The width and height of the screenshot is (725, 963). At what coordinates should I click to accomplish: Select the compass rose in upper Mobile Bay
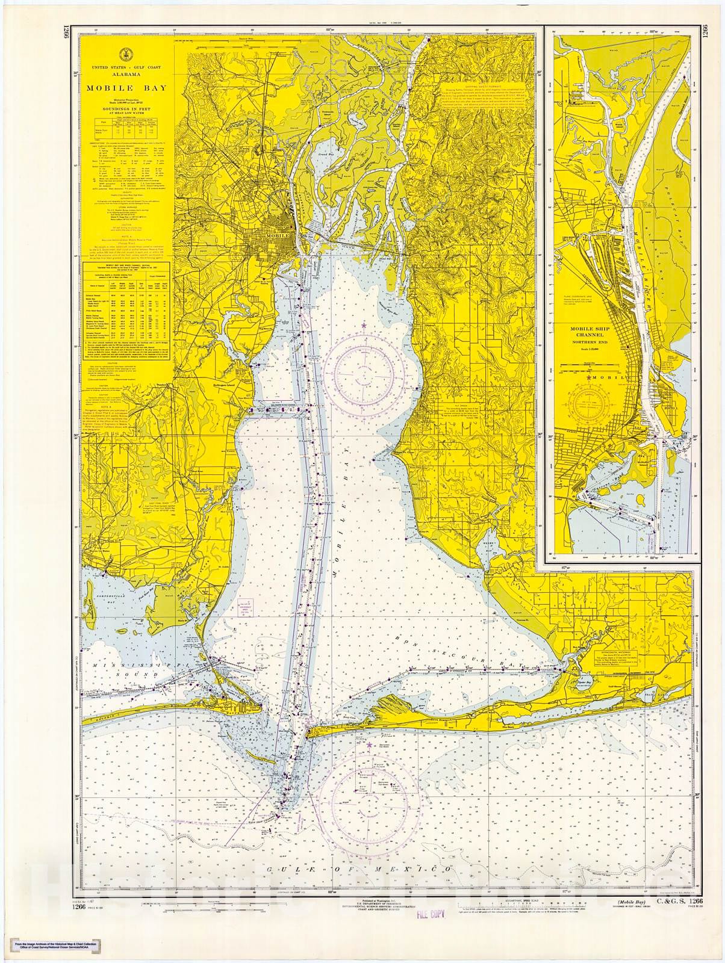pos(364,367)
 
